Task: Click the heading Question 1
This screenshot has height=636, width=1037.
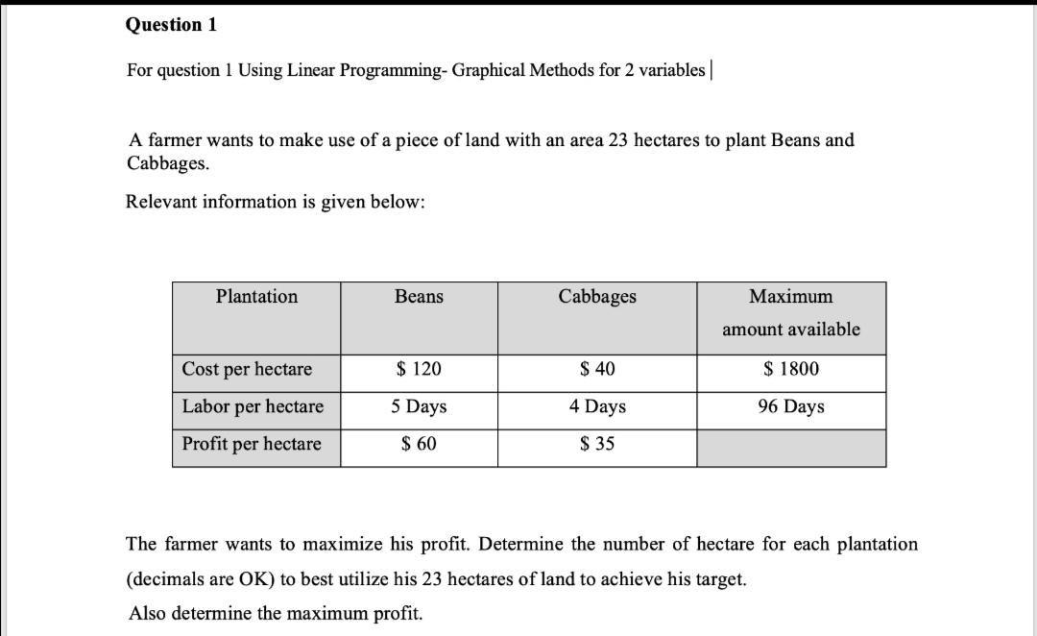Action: (x=171, y=25)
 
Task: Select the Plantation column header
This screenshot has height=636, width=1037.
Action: (x=256, y=297)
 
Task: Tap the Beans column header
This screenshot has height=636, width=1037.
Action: (x=419, y=297)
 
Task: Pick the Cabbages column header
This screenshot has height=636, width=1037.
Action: (x=597, y=297)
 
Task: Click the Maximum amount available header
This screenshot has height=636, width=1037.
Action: (x=791, y=312)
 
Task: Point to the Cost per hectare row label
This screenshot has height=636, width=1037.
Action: (x=248, y=370)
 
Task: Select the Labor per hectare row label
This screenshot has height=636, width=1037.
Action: (x=253, y=406)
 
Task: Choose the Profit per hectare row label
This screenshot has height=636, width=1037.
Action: (x=252, y=444)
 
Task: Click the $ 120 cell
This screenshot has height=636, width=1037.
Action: (x=419, y=370)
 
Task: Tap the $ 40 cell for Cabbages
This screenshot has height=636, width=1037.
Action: (x=597, y=370)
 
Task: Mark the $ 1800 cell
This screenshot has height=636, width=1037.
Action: (x=791, y=370)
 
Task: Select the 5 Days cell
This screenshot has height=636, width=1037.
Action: (x=419, y=406)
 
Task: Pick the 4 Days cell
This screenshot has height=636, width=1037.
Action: (x=597, y=406)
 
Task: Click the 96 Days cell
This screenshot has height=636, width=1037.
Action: (x=791, y=406)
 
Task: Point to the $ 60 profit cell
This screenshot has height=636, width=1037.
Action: (x=419, y=444)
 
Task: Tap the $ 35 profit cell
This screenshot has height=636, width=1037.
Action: (x=597, y=444)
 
